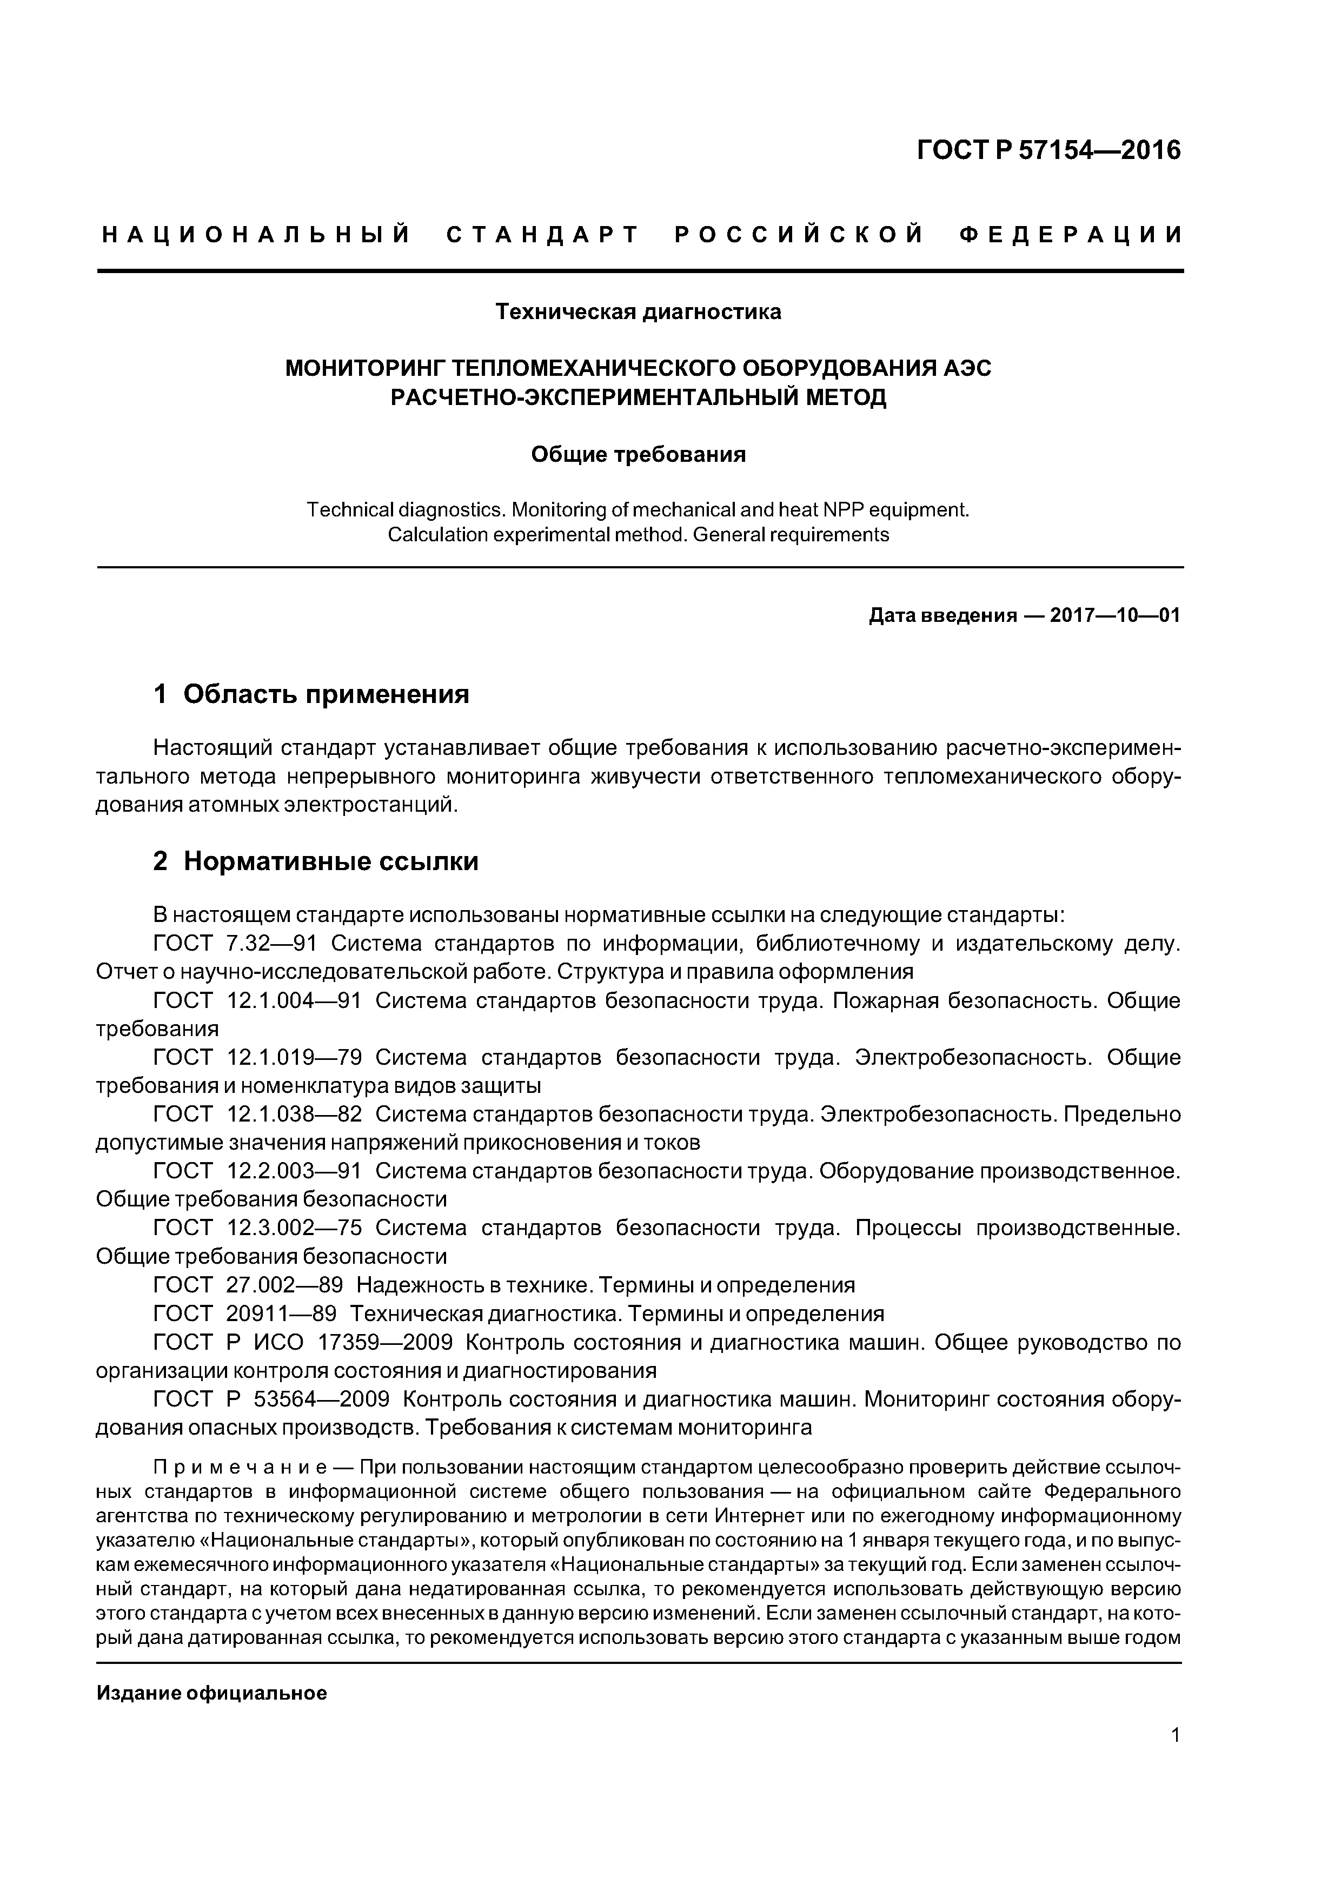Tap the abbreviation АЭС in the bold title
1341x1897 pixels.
click(967, 368)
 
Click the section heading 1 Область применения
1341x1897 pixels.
click(311, 693)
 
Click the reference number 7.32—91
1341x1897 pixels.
click(271, 943)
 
